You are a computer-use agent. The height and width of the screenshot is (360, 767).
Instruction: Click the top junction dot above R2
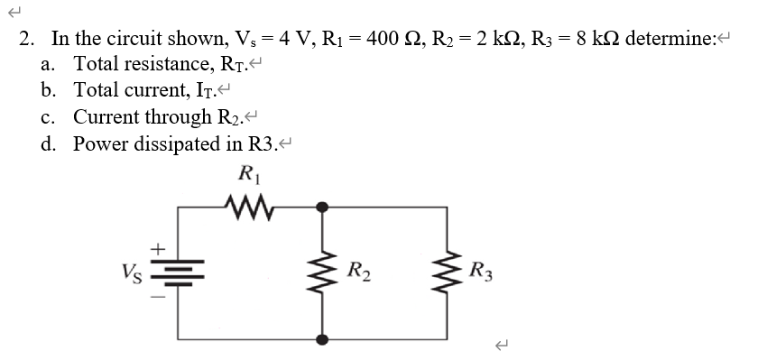[323, 208]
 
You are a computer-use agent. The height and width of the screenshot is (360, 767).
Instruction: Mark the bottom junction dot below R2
[323, 339]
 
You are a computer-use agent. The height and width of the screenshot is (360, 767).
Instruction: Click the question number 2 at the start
[26, 40]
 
